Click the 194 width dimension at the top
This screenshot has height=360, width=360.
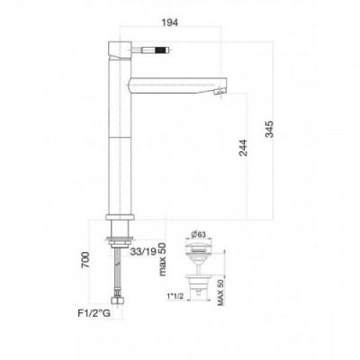click(170, 22)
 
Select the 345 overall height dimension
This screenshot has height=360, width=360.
click(270, 129)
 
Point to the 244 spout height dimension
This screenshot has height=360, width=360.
click(243, 148)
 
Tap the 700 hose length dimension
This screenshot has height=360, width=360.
click(85, 260)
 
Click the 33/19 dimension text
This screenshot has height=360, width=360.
click(143, 252)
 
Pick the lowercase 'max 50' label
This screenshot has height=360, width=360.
click(162, 258)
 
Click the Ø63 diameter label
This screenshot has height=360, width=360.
click(198, 234)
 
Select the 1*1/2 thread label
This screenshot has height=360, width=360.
click(175, 296)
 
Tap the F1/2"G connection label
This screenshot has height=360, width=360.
click(94, 314)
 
